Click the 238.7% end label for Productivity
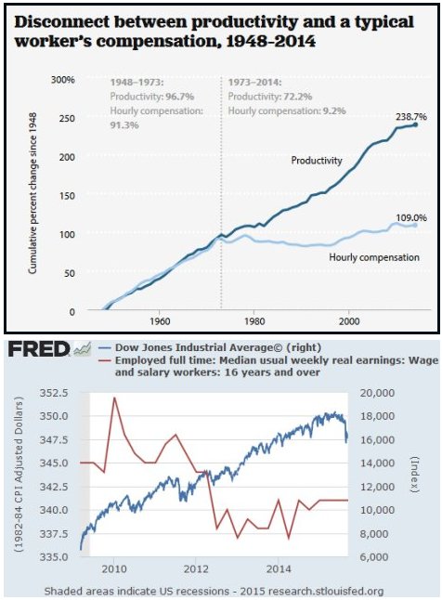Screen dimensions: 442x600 tap(411, 117)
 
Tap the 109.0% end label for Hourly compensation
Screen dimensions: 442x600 tap(411, 217)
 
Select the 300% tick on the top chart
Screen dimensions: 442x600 tap(63, 81)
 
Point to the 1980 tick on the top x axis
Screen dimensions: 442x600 tap(254, 320)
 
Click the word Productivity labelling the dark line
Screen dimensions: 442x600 tap(317, 160)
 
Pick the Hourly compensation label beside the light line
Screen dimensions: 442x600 tap(374, 257)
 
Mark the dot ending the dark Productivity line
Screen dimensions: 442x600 tap(416, 124)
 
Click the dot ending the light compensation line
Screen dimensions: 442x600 tap(416, 225)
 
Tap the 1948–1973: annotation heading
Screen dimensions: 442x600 tap(137, 83)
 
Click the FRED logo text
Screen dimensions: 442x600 tap(39, 349)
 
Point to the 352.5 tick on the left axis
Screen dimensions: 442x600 tap(54, 393)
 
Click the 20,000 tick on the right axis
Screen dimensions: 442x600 tap(377, 393)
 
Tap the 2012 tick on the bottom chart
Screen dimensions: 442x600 tap(196, 568)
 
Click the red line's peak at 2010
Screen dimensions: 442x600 tap(114, 398)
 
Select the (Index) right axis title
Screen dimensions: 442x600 tap(416, 475)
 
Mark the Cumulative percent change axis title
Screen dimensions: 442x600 tap(32, 193)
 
